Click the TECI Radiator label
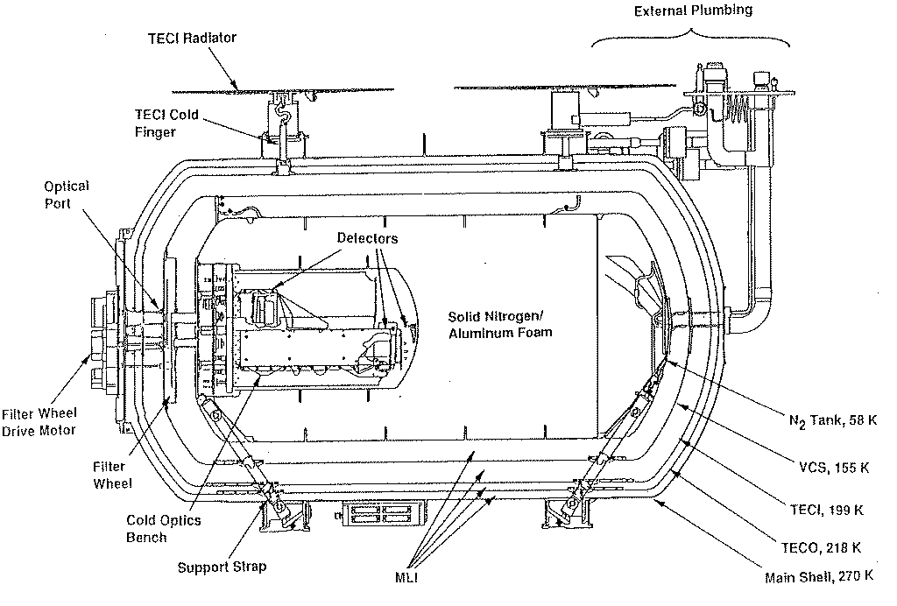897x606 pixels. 192,38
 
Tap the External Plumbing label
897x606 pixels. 693,11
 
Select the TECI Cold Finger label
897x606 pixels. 166,123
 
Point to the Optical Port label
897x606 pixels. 67,194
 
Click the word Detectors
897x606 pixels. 367,238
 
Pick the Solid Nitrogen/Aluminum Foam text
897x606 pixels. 500,325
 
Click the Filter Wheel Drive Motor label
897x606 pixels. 39,422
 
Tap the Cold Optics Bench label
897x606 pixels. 164,528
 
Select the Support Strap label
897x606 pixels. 222,567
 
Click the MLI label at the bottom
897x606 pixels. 406,577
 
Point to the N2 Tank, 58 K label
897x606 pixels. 833,420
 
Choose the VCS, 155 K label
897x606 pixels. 834,468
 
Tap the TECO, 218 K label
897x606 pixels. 821,547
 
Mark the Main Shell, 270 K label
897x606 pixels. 819,576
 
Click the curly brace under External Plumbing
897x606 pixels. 690,35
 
